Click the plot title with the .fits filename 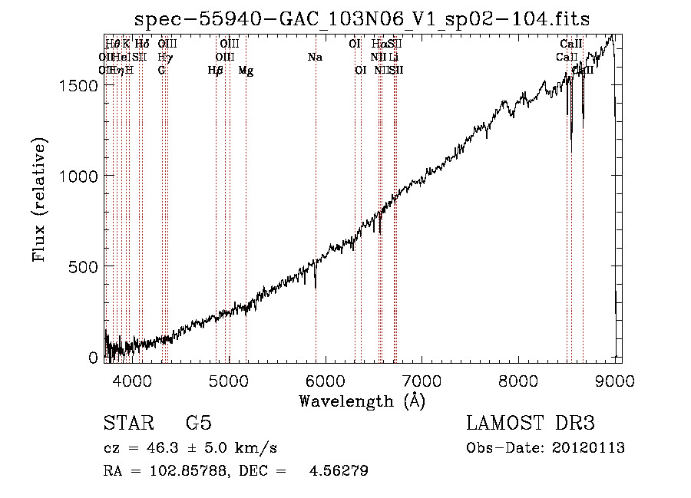click(x=362, y=19)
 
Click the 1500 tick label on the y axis click(x=79, y=86)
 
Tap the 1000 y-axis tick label click(x=79, y=176)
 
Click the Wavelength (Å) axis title click(x=362, y=401)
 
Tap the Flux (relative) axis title click(x=40, y=200)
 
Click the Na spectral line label click(x=315, y=58)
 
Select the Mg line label click(x=246, y=71)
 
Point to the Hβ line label click(x=216, y=71)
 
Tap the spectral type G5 click(x=198, y=424)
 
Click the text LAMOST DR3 click(x=531, y=424)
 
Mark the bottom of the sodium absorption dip click(x=316, y=288)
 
